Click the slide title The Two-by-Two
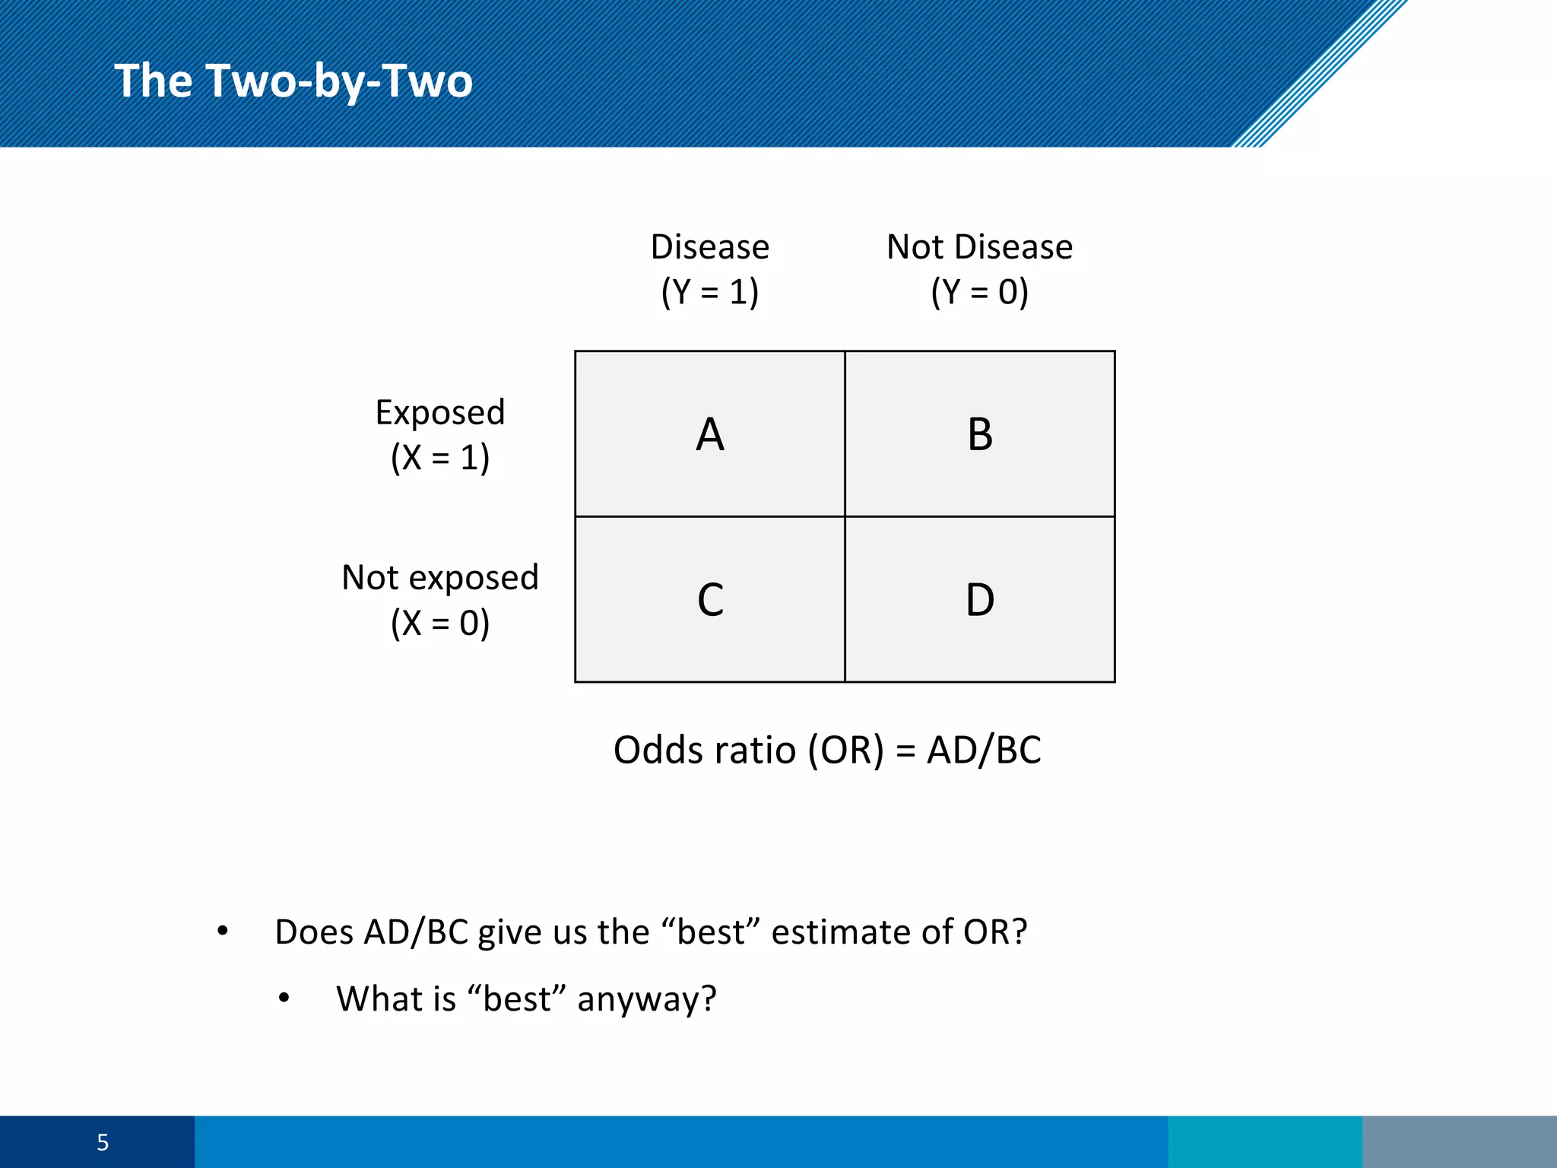pyautogui.click(x=293, y=81)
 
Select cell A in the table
pyautogui.click(x=709, y=434)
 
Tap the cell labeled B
pyautogui.click(x=979, y=434)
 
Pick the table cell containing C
pyautogui.click(x=709, y=599)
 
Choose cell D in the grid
pyautogui.click(x=979, y=599)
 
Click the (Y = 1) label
pyautogui.click(x=709, y=292)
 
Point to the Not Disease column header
pyautogui.click(x=979, y=247)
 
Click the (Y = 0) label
pyautogui.click(x=979, y=292)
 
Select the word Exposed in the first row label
pyautogui.click(x=440, y=413)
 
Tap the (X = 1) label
pyautogui.click(x=440, y=458)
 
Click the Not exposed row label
pyautogui.click(x=440, y=578)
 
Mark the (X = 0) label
pyautogui.click(x=440, y=624)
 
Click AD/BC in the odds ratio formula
pyautogui.click(x=984, y=751)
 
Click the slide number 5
pyautogui.click(x=103, y=1142)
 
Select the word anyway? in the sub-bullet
pyautogui.click(x=647, y=999)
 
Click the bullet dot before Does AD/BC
pyautogui.click(x=222, y=931)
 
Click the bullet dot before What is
pyautogui.click(x=284, y=998)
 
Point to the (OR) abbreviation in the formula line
pyautogui.click(x=846, y=751)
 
